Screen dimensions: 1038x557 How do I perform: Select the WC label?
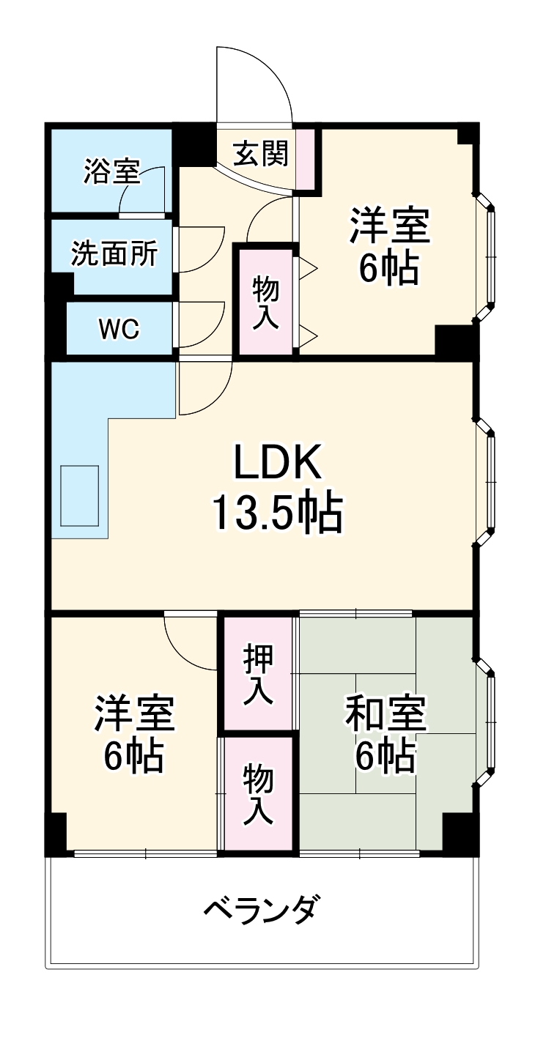point(119,330)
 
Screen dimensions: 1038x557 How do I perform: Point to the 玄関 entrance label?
point(260,153)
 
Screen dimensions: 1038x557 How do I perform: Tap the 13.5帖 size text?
point(277,514)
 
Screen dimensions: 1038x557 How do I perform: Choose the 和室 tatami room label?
point(386,714)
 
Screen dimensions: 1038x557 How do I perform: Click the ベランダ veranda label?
point(262,911)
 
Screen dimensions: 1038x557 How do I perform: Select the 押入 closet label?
point(259,674)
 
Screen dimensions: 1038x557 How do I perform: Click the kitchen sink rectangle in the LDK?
point(80,495)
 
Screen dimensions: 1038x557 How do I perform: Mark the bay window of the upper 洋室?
point(487,256)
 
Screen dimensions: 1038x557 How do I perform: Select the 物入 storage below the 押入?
point(259,794)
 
